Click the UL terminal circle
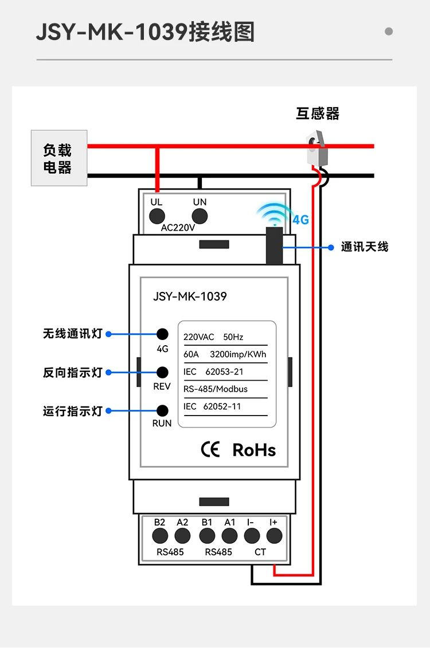[157, 216]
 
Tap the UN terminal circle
[200, 216]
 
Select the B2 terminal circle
[160, 536]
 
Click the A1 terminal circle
[229, 536]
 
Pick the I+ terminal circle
[274, 536]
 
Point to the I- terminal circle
[252, 536]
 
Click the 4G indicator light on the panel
[162, 334]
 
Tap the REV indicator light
[162, 372]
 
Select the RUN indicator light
[162, 410]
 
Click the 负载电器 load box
[58, 158]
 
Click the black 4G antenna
[274, 245]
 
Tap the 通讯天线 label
[365, 247]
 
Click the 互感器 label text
[318, 113]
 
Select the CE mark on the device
[210, 450]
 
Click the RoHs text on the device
[254, 450]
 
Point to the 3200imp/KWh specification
[238, 354]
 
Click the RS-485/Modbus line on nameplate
[216, 389]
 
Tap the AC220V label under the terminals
[178, 228]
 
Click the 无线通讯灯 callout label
[72, 334]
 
